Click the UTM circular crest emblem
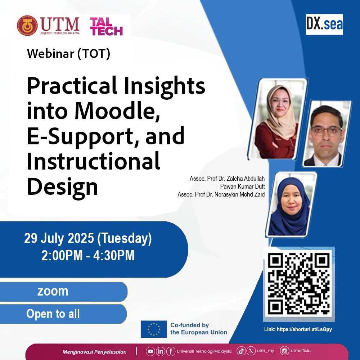(27, 26)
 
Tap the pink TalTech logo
(107, 27)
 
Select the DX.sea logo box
(324, 24)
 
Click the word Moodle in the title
(117, 111)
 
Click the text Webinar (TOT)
(68, 54)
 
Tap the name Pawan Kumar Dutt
(242, 186)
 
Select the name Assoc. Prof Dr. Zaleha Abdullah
(227, 179)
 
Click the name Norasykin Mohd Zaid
(239, 194)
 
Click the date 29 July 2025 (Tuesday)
(88, 238)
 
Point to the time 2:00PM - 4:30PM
(88, 255)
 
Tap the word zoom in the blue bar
(53, 291)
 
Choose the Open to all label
(53, 314)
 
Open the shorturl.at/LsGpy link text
(304, 329)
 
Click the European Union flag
(154, 329)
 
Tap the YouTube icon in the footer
(150, 351)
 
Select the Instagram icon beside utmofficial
(284, 351)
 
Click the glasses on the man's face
(326, 131)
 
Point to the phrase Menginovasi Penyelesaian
(94, 352)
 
